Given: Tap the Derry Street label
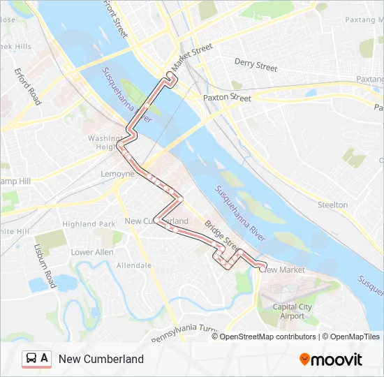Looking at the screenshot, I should (256, 66).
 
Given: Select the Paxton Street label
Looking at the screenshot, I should (227, 98).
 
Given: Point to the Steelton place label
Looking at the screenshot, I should (332, 205).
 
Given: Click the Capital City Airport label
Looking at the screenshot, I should (293, 311).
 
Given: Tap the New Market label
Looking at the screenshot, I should (285, 269).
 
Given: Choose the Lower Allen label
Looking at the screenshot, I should (91, 252).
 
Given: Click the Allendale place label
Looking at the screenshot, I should (134, 265).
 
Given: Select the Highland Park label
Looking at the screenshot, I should (89, 224).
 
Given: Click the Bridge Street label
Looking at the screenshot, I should (222, 235).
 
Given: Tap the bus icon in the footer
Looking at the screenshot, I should (31, 359).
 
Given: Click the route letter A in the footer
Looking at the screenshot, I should (45, 359).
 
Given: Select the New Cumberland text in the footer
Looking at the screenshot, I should (101, 359).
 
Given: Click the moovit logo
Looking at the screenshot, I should (331, 360).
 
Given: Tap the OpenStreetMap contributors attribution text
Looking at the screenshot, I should (267, 337).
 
